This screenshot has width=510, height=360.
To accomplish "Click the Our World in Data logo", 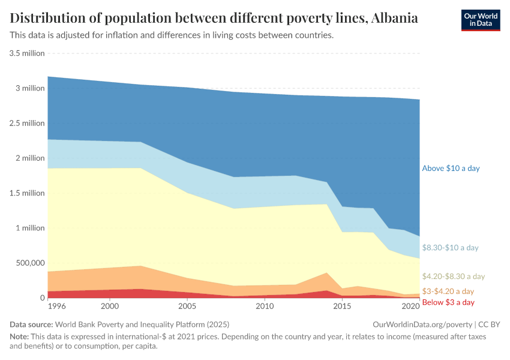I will [x=481, y=20].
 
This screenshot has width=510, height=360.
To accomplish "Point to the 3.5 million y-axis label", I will [x=27, y=53].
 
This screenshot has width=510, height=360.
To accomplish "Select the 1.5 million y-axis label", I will [x=27, y=193].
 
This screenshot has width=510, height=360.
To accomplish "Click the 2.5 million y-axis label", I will [x=27, y=123].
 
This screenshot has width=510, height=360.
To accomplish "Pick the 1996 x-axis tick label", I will [x=56, y=306].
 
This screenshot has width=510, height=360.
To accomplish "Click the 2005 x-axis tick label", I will [x=187, y=306].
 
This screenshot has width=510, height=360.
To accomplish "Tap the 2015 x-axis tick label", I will [x=342, y=306].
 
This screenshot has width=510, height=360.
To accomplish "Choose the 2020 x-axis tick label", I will [x=410, y=306].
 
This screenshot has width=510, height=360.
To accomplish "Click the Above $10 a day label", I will [x=451, y=169].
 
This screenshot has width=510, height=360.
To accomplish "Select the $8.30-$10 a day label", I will [x=451, y=247].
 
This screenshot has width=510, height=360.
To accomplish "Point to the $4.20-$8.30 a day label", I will [x=453, y=277].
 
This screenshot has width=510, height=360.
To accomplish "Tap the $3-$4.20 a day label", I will [x=448, y=291].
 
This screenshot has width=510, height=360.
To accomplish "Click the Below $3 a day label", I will [x=448, y=302].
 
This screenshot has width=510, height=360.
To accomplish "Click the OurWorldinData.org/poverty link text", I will [x=422, y=324].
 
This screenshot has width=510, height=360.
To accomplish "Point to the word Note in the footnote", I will [x=19, y=337].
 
